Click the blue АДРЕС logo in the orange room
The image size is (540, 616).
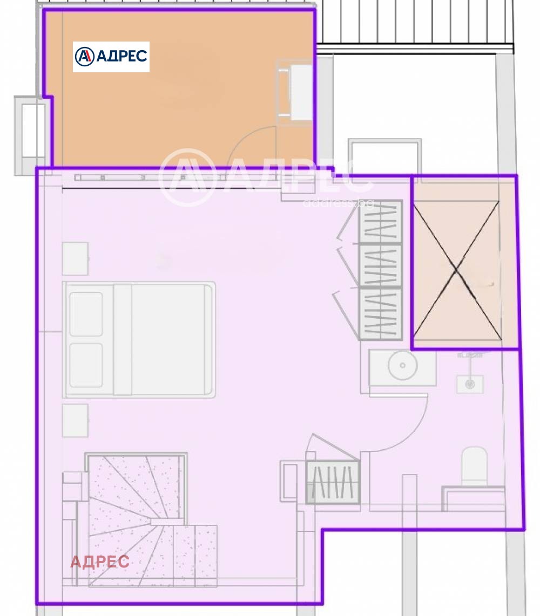[x=111, y=57]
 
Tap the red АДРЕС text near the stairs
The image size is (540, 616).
[x=100, y=562]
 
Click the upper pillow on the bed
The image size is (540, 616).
[x=86, y=314]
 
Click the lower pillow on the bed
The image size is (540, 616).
[x=86, y=365]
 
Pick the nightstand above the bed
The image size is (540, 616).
[x=75, y=259]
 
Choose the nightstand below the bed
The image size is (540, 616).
[x=75, y=420]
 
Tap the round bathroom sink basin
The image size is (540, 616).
[x=402, y=365]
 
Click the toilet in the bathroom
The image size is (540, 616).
[x=474, y=466]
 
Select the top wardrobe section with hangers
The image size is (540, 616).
[x=381, y=222]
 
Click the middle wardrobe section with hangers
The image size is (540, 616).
[x=381, y=266]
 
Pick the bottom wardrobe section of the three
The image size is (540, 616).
[x=381, y=314]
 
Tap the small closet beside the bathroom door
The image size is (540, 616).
[x=333, y=482]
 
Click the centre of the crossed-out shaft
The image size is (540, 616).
[x=457, y=270]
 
